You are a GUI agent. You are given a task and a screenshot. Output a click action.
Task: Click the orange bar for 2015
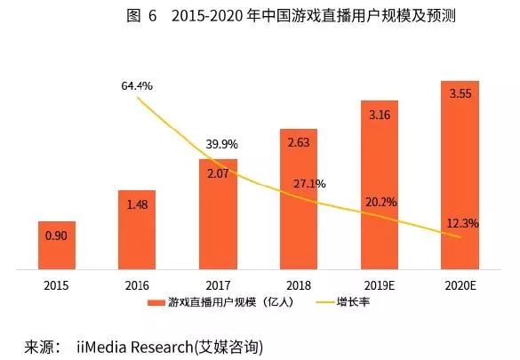pyautogui.click(x=56, y=244)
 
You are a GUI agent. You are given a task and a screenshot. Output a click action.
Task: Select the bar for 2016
pyautogui.click(x=137, y=228)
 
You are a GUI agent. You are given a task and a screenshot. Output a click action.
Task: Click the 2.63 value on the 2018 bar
pyautogui.click(x=299, y=142)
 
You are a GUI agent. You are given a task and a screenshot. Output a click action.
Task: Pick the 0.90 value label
pyautogui.click(x=56, y=236)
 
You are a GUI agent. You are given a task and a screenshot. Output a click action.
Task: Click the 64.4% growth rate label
pyautogui.click(x=137, y=86)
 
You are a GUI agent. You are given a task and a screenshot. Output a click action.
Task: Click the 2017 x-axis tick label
pyautogui.click(x=218, y=284)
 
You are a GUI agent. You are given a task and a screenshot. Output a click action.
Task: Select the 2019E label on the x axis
pyautogui.click(x=380, y=284)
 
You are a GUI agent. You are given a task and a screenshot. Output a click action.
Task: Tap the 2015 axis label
pyautogui.click(x=56, y=284)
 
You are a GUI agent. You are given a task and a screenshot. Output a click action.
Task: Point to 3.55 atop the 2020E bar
pyautogui.click(x=460, y=93)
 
